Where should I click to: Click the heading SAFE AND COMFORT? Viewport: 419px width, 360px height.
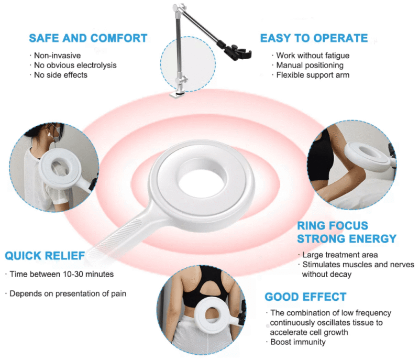coord(88,38)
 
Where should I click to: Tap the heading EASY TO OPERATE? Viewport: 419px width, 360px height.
coord(314,38)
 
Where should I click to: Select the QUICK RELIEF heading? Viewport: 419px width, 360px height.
coord(45,256)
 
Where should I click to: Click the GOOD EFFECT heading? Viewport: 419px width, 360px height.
coord(305,297)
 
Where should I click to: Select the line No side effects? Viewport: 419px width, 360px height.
coord(61,75)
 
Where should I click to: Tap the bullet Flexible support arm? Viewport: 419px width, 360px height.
coord(313,75)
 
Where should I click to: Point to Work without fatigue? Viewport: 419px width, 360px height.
coord(313,56)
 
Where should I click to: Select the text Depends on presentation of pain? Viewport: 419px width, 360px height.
coord(68,293)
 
